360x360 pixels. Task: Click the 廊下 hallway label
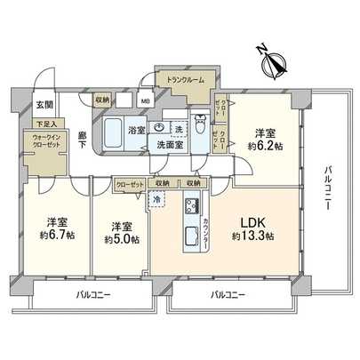tap(82, 140)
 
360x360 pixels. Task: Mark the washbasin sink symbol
tap(158, 128)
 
